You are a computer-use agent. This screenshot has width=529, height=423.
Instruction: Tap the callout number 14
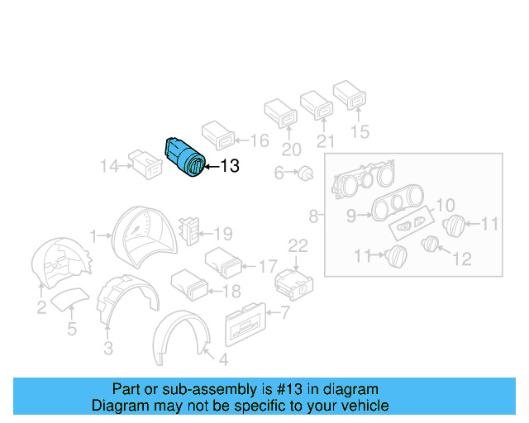(108, 167)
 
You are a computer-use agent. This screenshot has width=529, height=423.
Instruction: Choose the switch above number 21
(316, 105)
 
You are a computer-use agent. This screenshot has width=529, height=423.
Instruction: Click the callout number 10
(445, 205)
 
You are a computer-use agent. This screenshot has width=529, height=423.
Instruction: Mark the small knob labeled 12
(430, 244)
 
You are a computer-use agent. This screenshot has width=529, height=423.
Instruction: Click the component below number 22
(292, 283)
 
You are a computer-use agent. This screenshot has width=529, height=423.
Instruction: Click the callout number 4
(221, 360)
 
